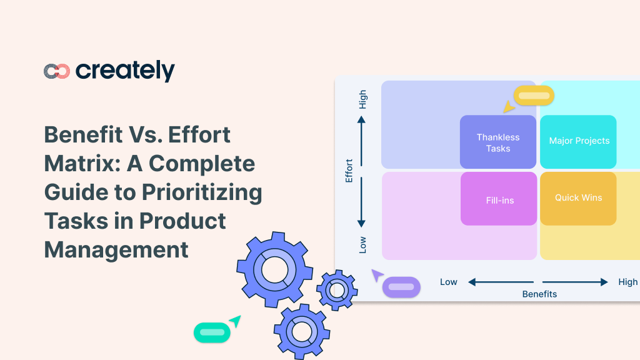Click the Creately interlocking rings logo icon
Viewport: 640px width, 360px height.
56,71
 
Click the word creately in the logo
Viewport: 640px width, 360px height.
125,71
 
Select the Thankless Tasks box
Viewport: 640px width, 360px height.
498,142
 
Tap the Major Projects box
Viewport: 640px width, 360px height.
579,141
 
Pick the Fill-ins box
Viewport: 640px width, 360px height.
499,201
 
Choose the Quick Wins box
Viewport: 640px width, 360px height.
578,198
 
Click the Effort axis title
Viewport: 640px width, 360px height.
349,171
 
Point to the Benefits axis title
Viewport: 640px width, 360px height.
539,294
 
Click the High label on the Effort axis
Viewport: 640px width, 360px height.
363,100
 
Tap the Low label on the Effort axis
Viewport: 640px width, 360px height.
363,244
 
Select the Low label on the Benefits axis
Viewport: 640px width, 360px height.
449,282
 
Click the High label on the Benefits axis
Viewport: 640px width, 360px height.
627,282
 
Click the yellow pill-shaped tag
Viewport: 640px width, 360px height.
534,96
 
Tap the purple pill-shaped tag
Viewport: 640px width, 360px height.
401,287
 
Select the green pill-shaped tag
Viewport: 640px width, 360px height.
212,332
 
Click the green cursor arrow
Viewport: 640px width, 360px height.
235,321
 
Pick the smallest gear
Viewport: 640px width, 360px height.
337,289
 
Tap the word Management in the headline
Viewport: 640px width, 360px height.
116,249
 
